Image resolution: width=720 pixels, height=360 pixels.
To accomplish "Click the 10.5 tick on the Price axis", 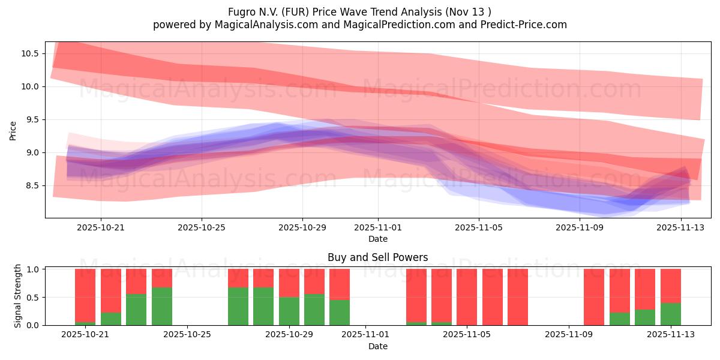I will click(x=30, y=53).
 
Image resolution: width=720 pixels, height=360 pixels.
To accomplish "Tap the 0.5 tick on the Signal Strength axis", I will click(x=32, y=297).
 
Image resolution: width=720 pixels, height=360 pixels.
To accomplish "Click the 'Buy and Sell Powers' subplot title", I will click(x=378, y=257).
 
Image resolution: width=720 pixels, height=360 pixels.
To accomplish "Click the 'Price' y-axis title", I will click(x=13, y=130).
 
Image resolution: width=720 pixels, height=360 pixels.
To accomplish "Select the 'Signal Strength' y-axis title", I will click(x=18, y=296).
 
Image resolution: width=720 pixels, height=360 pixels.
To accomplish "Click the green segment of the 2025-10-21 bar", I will click(x=85, y=324).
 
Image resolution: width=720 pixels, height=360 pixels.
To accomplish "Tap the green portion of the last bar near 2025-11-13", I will click(x=670, y=314).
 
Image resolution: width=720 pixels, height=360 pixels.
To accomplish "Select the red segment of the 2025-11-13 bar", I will click(x=670, y=286).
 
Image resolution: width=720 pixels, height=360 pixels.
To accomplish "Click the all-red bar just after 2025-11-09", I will click(x=594, y=297).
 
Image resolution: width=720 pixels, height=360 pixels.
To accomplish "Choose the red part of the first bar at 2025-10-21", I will click(x=85, y=294).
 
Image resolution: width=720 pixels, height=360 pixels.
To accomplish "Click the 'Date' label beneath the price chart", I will click(x=378, y=239).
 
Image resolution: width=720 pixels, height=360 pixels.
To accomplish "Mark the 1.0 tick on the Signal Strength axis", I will click(x=32, y=269).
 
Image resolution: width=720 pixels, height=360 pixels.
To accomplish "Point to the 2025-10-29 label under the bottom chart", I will click(x=290, y=334).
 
